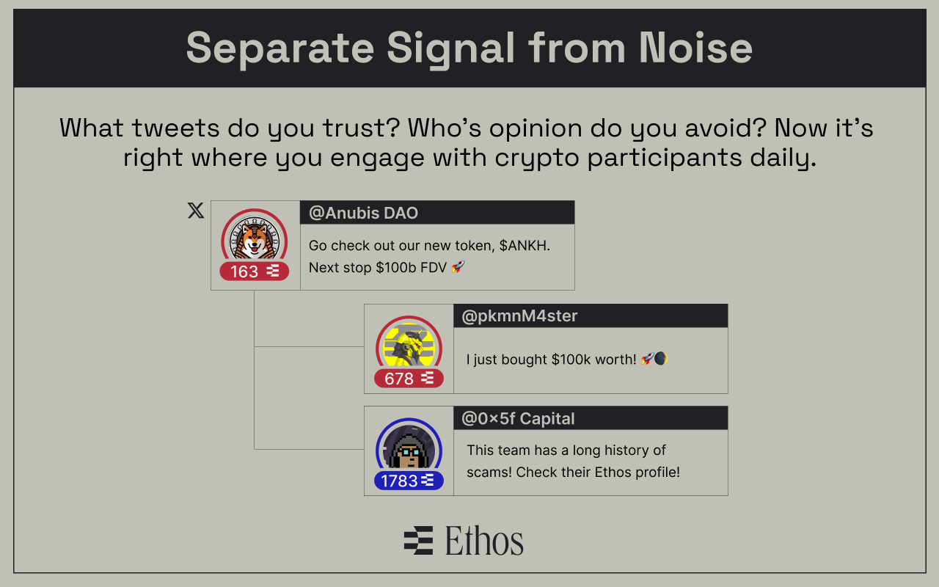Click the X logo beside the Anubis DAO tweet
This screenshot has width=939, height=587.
click(x=195, y=211)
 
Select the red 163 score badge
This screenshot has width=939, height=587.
click(x=254, y=271)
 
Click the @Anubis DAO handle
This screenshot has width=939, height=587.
click(x=363, y=213)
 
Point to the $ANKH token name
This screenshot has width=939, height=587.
click(x=525, y=246)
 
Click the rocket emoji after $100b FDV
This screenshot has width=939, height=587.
click(x=458, y=268)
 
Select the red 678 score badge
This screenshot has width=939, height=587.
click(x=409, y=379)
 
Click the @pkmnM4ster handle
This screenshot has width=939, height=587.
click(x=519, y=316)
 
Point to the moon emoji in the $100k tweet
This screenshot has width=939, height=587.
click(x=661, y=360)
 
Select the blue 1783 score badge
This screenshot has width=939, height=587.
click(x=409, y=481)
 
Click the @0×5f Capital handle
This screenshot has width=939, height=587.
click(x=518, y=418)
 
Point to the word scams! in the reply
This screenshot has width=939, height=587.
click(x=489, y=472)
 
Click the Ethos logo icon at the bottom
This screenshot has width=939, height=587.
click(x=418, y=541)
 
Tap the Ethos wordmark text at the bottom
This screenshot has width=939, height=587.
click(x=484, y=541)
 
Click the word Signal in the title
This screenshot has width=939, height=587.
click(x=451, y=48)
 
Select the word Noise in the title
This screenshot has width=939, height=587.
click(x=695, y=48)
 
